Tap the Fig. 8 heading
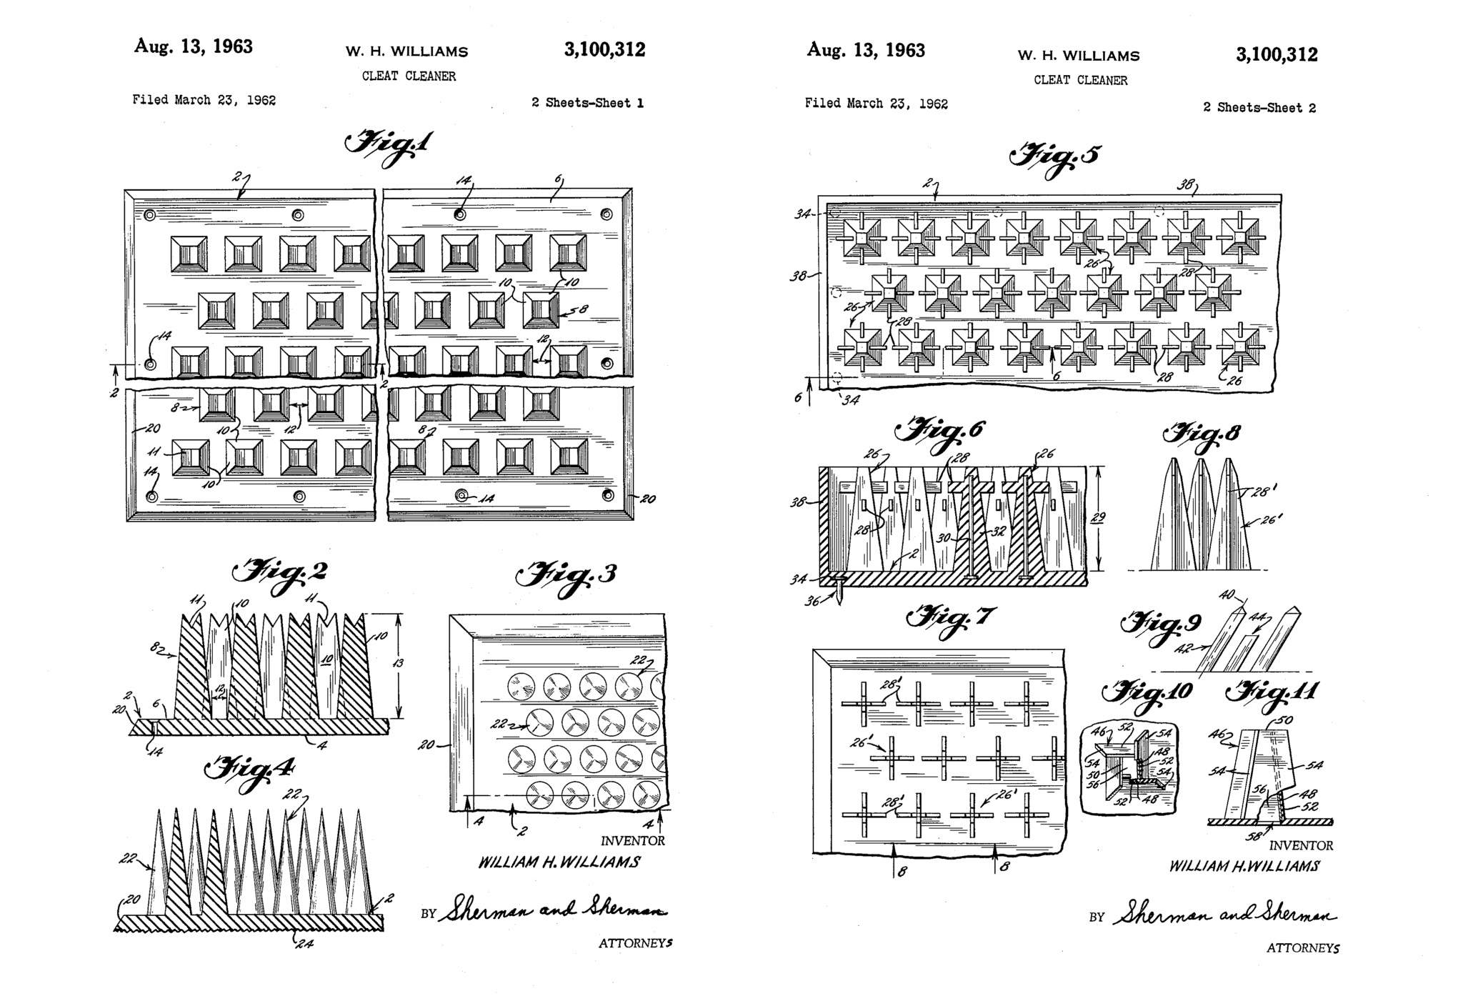(x=1202, y=436)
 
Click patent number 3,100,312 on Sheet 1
(x=604, y=49)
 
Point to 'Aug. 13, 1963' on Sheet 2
(x=865, y=50)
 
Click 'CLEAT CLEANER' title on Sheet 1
(x=409, y=76)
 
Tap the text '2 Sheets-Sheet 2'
(x=1259, y=108)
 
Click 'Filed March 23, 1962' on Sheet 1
(x=204, y=100)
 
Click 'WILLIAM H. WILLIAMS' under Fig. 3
(x=559, y=862)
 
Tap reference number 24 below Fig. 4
(x=305, y=944)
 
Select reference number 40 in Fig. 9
(x=1227, y=594)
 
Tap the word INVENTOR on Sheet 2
(x=1301, y=845)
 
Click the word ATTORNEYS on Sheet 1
(x=635, y=943)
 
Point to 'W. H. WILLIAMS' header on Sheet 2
(x=1079, y=56)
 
